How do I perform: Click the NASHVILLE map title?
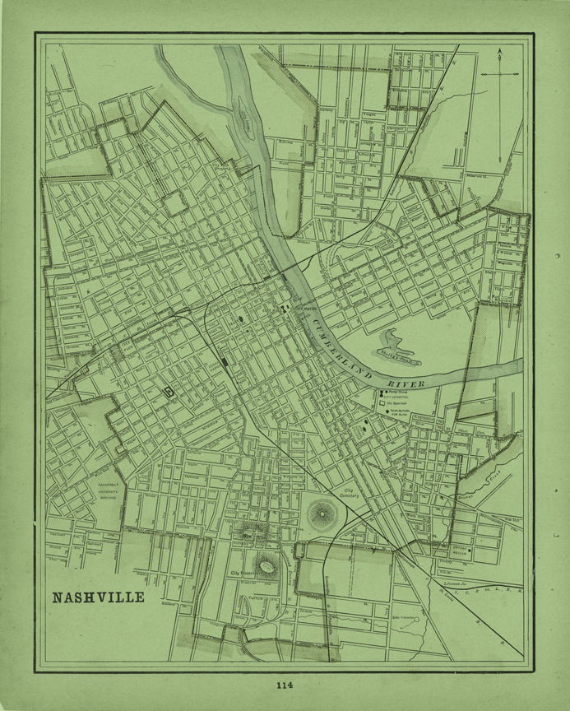tap(98, 596)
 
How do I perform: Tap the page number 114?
tap(285, 684)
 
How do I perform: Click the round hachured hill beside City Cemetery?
tap(321, 516)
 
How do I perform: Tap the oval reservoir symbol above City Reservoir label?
tap(266, 565)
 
